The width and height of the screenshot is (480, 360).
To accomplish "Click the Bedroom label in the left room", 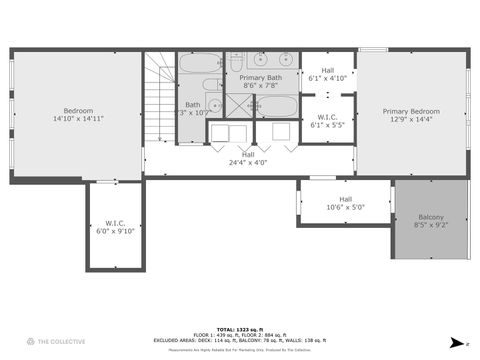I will pyautogui.click(x=78, y=110).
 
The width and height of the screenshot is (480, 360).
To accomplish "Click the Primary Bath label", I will pyautogui.click(x=260, y=77).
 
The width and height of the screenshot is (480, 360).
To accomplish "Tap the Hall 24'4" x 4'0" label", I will pyautogui.click(x=247, y=158).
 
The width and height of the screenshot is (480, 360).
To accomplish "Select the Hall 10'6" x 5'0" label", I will pyautogui.click(x=345, y=202).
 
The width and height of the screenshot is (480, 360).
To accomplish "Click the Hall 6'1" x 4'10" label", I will pyautogui.click(x=327, y=73).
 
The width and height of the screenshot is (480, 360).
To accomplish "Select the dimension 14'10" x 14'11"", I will pyautogui.click(x=78, y=118).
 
